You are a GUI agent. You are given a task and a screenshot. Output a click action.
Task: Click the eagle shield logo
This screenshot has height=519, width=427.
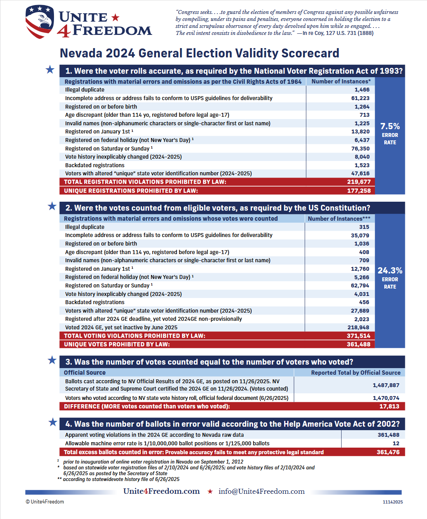coord(40,22)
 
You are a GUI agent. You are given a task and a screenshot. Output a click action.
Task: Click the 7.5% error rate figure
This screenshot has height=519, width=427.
coord(390,126)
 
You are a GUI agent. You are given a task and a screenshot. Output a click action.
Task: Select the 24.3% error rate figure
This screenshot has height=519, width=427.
coord(390,271)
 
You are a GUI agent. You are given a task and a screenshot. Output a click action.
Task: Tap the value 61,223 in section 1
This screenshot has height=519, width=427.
coord(360,98)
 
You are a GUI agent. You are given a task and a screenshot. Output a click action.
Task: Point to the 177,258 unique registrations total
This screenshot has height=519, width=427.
coord(359,190)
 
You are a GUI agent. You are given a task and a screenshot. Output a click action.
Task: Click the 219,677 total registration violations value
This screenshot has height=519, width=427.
coord(359,182)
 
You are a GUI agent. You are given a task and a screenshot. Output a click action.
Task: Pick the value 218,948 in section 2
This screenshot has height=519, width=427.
coord(358,327)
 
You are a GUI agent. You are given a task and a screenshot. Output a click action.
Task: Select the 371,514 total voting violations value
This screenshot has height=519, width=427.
coord(358,336)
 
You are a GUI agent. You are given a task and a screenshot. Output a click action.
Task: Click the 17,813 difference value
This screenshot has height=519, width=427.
coord(389,406)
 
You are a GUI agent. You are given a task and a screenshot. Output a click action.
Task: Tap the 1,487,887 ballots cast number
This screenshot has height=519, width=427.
coord(386,385)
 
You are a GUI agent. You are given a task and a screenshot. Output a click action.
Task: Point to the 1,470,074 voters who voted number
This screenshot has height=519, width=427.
coord(386,398)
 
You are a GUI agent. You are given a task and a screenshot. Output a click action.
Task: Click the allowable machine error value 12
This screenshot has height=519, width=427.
coord(396,443)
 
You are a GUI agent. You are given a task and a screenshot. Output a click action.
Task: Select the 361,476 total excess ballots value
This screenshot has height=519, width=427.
coord(388,452)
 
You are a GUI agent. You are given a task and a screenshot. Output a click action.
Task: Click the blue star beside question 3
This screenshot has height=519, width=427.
coord(52,360)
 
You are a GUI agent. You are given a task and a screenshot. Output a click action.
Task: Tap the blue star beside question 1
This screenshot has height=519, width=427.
coord(50,70)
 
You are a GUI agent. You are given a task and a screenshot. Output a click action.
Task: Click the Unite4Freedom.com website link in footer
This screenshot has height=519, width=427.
coord(161,491)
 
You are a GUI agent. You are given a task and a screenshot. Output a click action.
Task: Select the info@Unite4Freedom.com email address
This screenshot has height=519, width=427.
coord(261,491)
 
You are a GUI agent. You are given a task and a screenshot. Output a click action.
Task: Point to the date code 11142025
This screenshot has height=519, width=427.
coord(392,502)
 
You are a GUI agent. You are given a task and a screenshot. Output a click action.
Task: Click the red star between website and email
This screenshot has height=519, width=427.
coord(210,491)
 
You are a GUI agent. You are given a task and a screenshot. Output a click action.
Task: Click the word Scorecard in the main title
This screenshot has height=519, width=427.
coord(310,53)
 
